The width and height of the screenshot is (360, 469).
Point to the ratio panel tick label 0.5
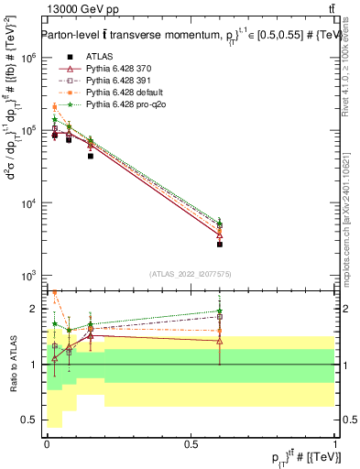(x=29, y=420)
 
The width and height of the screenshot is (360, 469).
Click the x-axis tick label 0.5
(x=191, y=443)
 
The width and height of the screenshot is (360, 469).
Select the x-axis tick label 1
(x=335, y=443)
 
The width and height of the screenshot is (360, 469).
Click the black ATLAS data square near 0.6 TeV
(x=220, y=244)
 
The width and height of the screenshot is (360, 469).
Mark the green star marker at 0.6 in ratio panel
(x=220, y=311)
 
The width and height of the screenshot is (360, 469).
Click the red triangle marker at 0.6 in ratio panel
(x=220, y=341)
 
